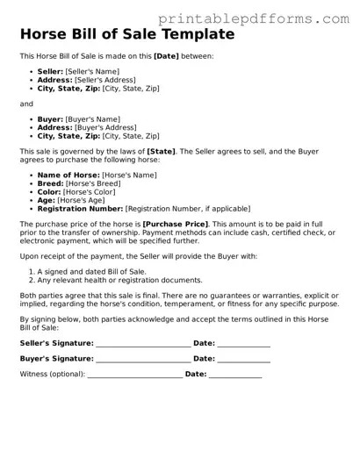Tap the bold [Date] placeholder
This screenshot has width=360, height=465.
coord(166,56)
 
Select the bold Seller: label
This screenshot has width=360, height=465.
coord(50,70)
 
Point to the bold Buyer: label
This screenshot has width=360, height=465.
coord(50,118)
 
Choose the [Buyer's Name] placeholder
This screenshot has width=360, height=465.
coord(97,118)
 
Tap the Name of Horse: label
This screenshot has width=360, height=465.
coord(68,175)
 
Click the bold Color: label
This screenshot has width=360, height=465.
coord(49,192)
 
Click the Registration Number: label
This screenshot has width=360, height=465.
coord(80,210)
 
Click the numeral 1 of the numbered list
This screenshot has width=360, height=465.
coord(31,272)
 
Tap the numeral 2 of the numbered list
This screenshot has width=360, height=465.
coord(31,281)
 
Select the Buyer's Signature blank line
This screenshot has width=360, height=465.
coord(143,360)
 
